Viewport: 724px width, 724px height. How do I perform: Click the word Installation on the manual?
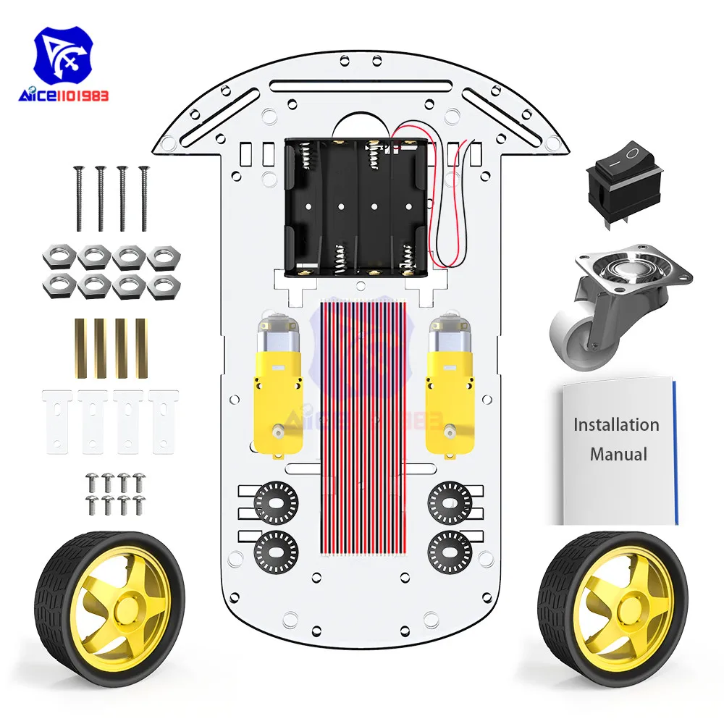616,424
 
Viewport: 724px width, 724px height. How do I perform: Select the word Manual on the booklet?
618,455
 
